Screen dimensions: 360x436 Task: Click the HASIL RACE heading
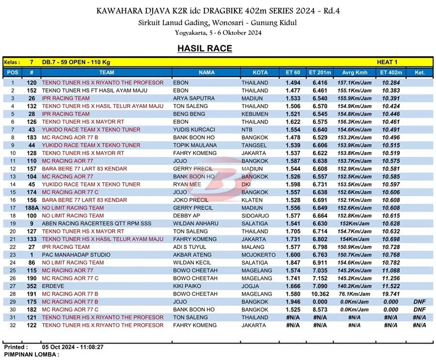coord(204,48)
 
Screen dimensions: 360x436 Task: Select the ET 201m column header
coord(320,73)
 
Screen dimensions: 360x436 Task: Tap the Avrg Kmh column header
coord(355,73)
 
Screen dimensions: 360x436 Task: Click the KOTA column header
coord(260,73)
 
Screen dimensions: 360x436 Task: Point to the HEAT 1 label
coord(387,62)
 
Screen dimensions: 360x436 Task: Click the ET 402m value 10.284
coord(390,83)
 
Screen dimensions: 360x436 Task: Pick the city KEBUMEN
coord(255,114)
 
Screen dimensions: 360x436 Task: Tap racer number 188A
coord(31,208)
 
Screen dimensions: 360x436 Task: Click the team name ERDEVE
coord(52,286)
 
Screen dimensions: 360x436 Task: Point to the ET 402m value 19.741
coord(390,294)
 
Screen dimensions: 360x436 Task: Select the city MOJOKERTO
coord(259,255)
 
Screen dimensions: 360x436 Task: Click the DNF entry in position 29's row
coord(420,302)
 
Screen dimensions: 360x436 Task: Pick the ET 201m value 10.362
coord(320,294)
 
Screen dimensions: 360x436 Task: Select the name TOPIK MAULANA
coord(195,145)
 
